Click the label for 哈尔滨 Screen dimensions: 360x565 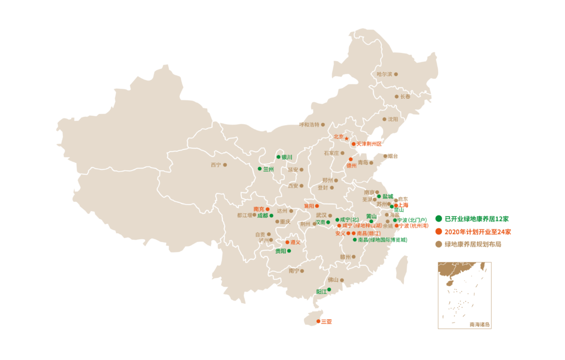[385, 74]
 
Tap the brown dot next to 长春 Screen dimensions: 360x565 [396, 96]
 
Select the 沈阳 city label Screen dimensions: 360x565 [393, 119]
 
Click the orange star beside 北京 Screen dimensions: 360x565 [347, 138]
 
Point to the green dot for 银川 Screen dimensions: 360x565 [279, 157]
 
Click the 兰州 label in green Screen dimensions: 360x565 [268, 169]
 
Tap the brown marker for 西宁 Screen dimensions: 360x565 [225, 165]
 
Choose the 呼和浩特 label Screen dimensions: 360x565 [309, 125]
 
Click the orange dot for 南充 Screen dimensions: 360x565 [268, 209]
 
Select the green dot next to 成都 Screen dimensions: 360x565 [271, 216]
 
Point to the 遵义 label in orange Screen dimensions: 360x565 [296, 242]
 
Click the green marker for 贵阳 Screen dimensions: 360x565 [289, 251]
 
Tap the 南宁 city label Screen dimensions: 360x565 [294, 271]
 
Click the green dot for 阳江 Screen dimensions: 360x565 [329, 289]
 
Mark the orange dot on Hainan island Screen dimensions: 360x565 [318, 321]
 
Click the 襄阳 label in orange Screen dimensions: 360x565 [308, 206]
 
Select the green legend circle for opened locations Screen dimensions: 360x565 [439, 219]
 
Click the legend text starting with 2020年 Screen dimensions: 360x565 [477, 232]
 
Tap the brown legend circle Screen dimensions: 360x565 [439, 244]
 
